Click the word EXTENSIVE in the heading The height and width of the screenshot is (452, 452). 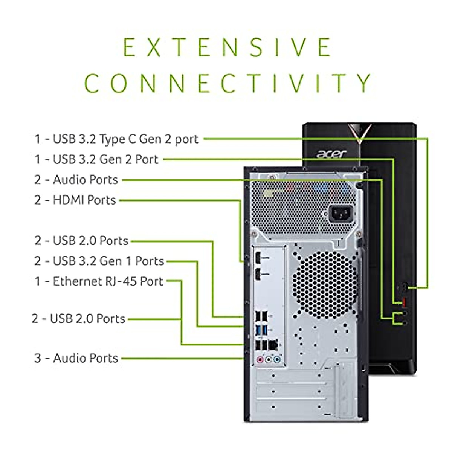click(x=227, y=47)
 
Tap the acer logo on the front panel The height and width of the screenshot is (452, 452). click(x=331, y=154)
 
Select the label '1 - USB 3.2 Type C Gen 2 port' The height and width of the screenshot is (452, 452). click(x=116, y=139)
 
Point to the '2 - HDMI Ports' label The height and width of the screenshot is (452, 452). click(x=75, y=200)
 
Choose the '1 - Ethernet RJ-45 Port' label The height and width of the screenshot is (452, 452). click(x=99, y=281)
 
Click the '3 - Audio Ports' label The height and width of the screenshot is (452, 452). click(x=76, y=358)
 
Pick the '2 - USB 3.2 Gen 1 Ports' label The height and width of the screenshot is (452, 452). click(x=99, y=261)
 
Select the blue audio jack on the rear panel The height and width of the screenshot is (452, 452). click(x=277, y=359)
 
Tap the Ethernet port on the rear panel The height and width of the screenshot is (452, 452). click(x=273, y=345)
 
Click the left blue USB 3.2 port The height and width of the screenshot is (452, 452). click(x=257, y=330)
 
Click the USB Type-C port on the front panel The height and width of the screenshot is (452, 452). click(x=405, y=287)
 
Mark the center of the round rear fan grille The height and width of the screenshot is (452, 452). click(x=325, y=285)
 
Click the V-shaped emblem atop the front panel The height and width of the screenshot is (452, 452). click(x=360, y=133)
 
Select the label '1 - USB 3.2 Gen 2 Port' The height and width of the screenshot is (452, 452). click(x=96, y=159)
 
